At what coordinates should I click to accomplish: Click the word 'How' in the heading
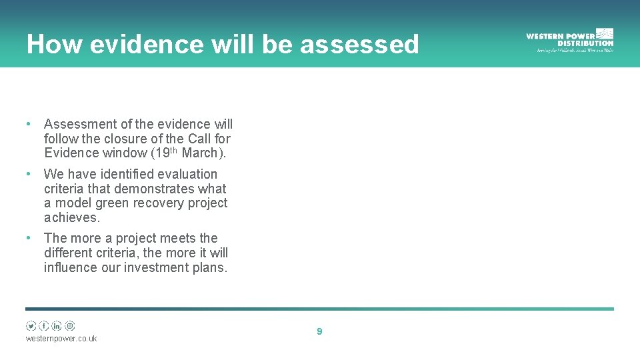pyautogui.click(x=53, y=44)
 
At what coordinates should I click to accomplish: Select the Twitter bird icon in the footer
pyautogui.click(x=31, y=326)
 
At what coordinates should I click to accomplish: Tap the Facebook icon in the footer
pyautogui.click(x=44, y=326)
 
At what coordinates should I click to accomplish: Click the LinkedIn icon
pyautogui.click(x=57, y=326)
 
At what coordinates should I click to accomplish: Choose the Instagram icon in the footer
pyautogui.click(x=70, y=326)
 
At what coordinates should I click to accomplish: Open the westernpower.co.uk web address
pyautogui.click(x=61, y=339)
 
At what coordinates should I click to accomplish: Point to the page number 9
pyautogui.click(x=319, y=331)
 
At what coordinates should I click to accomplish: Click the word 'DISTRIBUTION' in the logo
pyautogui.click(x=579, y=43)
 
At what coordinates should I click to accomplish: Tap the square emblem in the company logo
pyautogui.click(x=605, y=33)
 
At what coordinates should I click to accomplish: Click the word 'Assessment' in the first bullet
pyautogui.click(x=79, y=124)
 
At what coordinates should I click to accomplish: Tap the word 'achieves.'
pyautogui.click(x=72, y=217)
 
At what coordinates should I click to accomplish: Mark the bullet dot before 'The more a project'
pyautogui.click(x=29, y=238)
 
